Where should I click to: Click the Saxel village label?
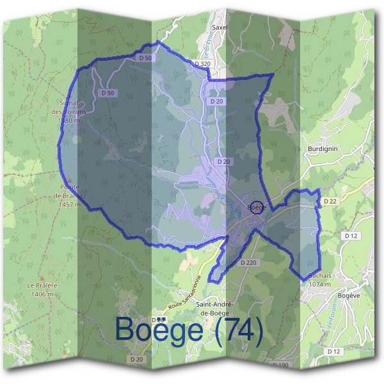[220, 28]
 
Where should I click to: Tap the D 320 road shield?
[201, 64]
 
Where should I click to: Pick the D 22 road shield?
[330, 201]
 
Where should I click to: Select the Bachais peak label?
[319, 276]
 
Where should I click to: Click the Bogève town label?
[349, 296]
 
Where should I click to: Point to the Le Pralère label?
[43, 285]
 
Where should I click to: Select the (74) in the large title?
[239, 332]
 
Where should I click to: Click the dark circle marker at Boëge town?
[257, 207]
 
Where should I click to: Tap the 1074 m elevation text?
[319, 284]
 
